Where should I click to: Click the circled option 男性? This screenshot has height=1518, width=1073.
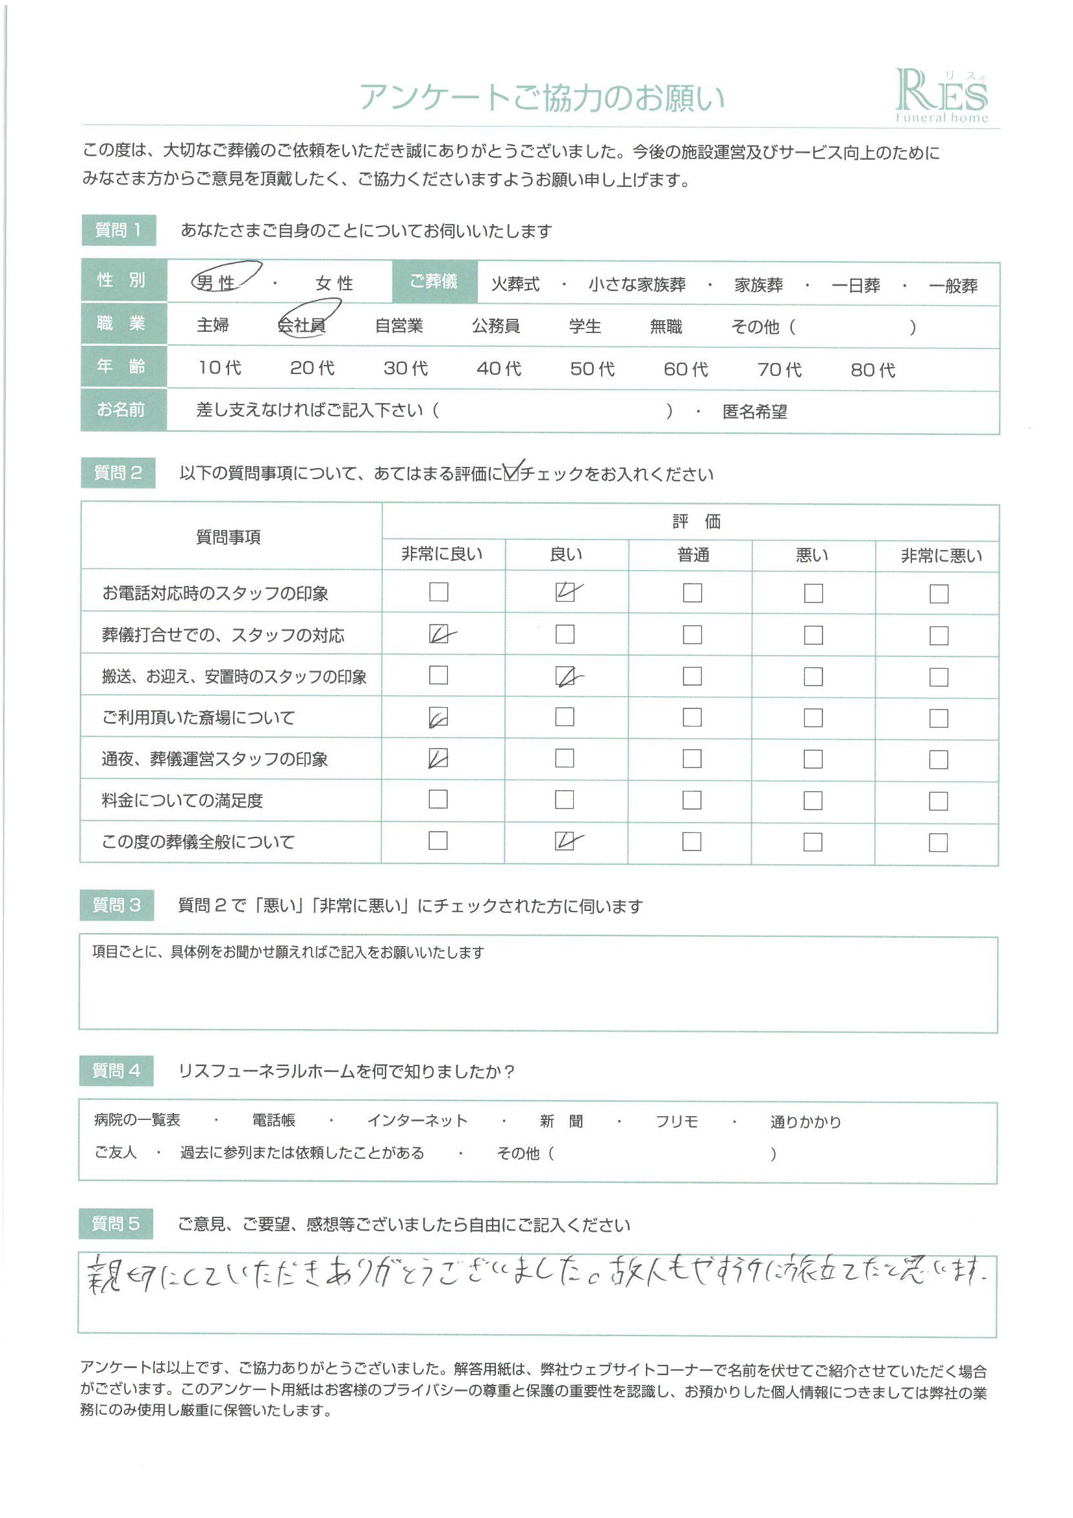coord(217,282)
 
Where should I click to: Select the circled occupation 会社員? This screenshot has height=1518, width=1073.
coord(302,325)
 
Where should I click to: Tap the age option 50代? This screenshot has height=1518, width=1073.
coord(592,369)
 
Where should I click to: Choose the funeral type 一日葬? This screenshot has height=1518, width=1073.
coord(856,285)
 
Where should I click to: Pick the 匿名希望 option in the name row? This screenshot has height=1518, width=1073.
coord(754,411)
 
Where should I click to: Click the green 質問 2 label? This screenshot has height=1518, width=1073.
coord(117,473)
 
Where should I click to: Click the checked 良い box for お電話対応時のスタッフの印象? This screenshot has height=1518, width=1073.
coord(566,591)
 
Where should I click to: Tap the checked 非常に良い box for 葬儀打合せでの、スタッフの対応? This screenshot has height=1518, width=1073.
coord(439,634)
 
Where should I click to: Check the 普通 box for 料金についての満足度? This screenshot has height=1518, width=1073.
coord(691,800)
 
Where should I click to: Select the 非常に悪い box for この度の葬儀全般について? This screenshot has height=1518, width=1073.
coord(937,842)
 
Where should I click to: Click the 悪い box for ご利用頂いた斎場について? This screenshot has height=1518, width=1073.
coord(813,717)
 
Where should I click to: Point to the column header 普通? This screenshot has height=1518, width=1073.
coord(693,554)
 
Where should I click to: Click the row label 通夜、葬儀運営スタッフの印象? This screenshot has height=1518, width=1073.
coord(214,759)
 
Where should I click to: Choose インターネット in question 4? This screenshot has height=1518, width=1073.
coord(417,1120)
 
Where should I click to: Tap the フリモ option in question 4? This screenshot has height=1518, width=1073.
coord(676,1121)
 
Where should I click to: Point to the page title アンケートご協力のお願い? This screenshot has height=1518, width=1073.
coord(541,97)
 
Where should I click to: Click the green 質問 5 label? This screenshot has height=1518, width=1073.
coord(116,1224)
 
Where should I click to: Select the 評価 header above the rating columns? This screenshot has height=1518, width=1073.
coord(696,521)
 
